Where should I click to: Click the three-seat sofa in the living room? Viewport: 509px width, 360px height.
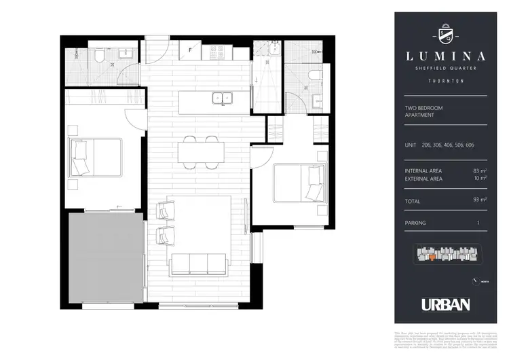pyautogui.click(x=198, y=262)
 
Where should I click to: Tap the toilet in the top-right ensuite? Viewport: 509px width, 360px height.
pyautogui.click(x=313, y=75)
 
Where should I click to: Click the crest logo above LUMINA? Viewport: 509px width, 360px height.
pyautogui.click(x=440, y=33)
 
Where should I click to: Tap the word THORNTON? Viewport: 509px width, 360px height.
pyautogui.click(x=440, y=80)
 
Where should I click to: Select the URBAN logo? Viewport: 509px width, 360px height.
pyautogui.click(x=445, y=305)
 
